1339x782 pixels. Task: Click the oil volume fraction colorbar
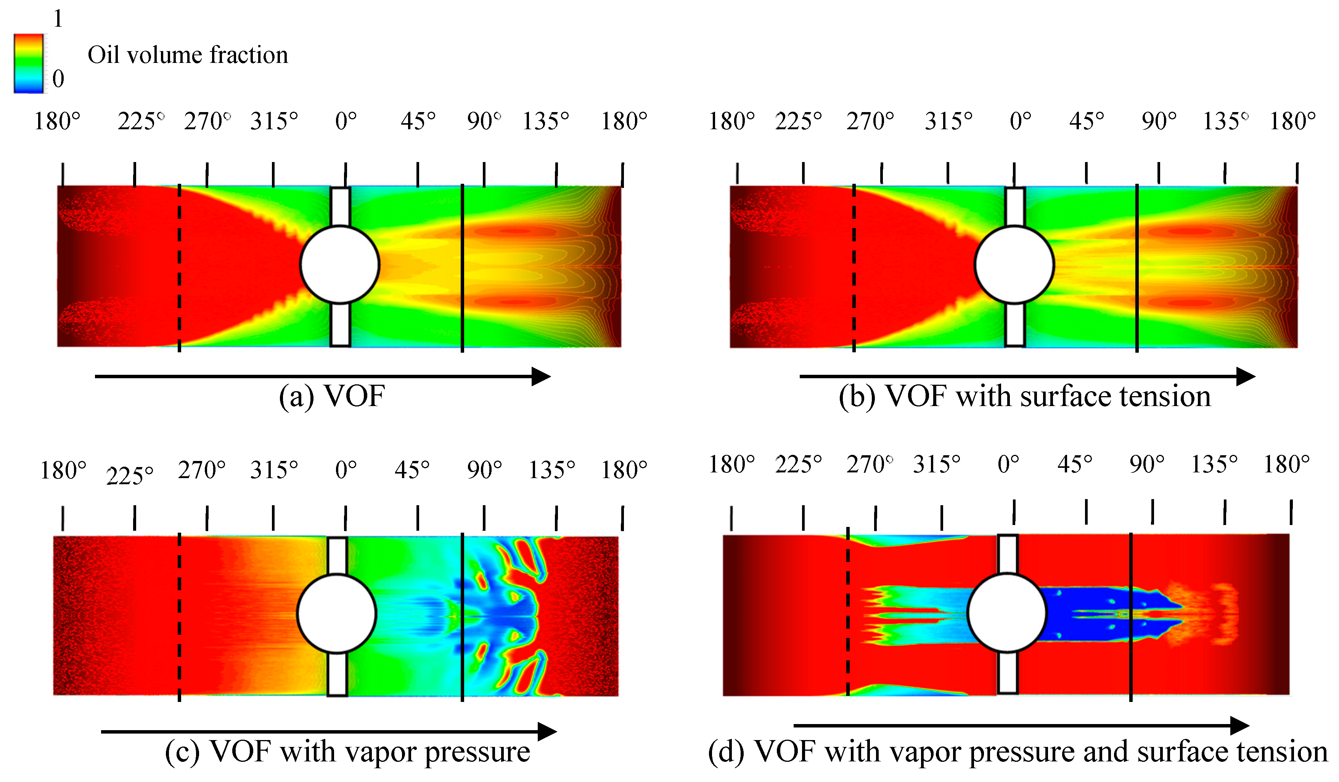[x=28, y=64]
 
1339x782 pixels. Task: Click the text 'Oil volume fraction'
[x=188, y=55]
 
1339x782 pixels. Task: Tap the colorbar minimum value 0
[x=58, y=79]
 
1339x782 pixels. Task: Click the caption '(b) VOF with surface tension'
[x=1024, y=396]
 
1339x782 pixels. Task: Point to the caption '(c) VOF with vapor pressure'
[x=347, y=752]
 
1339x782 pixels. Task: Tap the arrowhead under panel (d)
[x=1239, y=725]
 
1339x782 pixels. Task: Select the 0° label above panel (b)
[x=1020, y=122]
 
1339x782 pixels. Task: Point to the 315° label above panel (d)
[x=937, y=465]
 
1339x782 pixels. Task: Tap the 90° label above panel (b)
[x=1158, y=122]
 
